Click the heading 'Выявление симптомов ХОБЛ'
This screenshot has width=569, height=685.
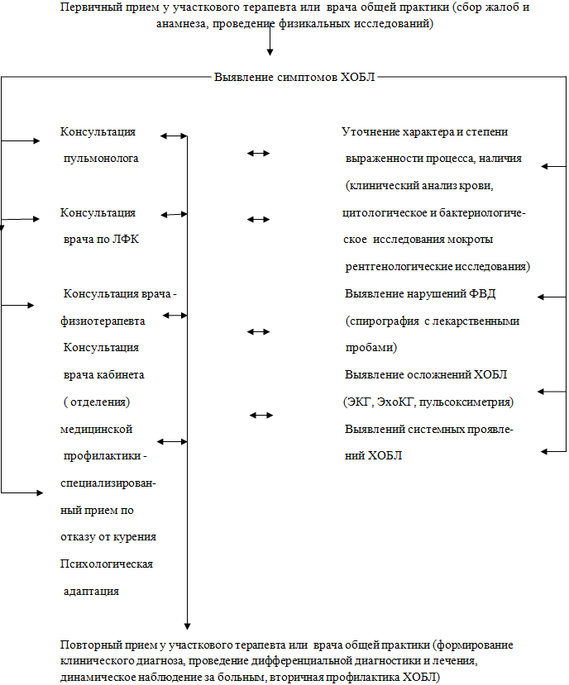tap(294, 78)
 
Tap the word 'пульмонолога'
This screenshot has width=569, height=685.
tap(101, 159)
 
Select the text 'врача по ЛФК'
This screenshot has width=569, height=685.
tap(101, 240)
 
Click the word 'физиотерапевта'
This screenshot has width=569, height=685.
tap(103, 321)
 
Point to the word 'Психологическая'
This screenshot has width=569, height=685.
tap(107, 564)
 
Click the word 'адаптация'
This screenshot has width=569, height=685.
tap(92, 591)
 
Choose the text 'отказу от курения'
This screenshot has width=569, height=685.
tap(108, 537)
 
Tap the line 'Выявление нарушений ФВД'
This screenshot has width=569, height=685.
tap(420, 293)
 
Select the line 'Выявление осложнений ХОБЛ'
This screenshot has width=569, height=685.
tap(426, 375)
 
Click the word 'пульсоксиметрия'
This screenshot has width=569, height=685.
tap(466, 402)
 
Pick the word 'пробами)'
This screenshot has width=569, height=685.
tap(371, 348)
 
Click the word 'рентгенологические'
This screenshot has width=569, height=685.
tap(399, 267)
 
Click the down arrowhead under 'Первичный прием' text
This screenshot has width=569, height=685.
tap(270, 52)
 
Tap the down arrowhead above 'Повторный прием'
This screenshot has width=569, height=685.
tap(187, 626)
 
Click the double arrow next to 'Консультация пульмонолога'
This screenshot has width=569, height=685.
tap(174, 136)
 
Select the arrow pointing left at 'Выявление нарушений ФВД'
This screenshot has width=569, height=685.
tap(552, 297)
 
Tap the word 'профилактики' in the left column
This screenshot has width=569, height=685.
tap(103, 456)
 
